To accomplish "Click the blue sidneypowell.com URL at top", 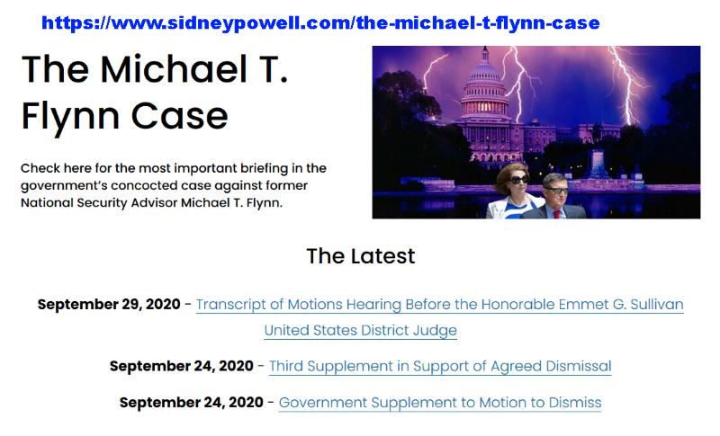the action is [x=320, y=22].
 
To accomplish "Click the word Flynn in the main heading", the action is [x=71, y=117].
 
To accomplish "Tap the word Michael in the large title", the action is [x=174, y=69].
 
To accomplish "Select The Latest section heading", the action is [x=361, y=256].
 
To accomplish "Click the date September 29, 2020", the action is [x=109, y=304].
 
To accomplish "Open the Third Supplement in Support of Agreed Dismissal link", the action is [x=440, y=366].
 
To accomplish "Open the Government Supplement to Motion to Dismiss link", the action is [x=440, y=403].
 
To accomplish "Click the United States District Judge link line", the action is [x=361, y=330].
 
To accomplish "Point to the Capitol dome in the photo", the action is [x=484, y=85].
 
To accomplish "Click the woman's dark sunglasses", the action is [x=517, y=180].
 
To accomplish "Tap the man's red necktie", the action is [x=556, y=214].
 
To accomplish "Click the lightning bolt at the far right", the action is [x=629, y=83].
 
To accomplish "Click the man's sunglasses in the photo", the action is [x=555, y=190].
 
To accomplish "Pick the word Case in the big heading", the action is [x=179, y=117].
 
